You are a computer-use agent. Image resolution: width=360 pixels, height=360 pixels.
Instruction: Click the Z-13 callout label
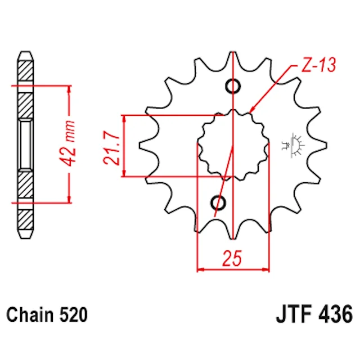[318, 65]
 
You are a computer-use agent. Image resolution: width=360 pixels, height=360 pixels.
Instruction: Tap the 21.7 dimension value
[112, 148]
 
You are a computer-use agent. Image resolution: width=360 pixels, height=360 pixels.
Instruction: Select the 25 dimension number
[232, 258]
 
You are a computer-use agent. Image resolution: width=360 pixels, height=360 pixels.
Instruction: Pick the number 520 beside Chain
[73, 314]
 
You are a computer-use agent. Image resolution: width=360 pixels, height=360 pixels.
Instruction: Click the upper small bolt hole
[233, 86]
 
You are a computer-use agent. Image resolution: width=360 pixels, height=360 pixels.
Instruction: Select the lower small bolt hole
[218, 202]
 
